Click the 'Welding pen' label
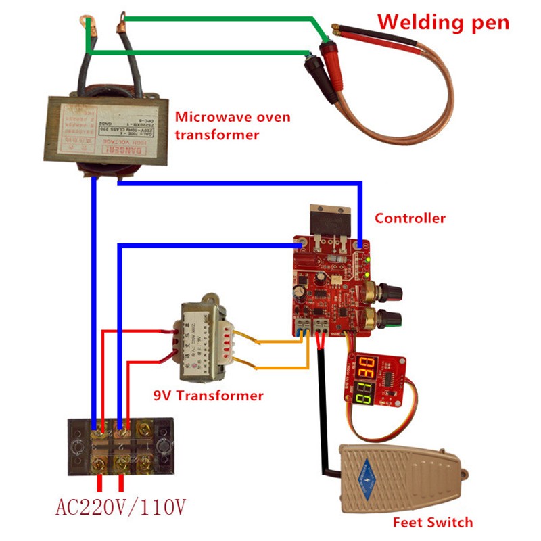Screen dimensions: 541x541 [x=443, y=22]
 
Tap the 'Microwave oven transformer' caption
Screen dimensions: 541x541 [x=233, y=126]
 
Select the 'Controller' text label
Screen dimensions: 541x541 [x=410, y=218]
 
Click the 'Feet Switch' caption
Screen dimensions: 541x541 [x=432, y=522]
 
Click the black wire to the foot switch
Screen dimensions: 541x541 [x=317, y=406]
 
